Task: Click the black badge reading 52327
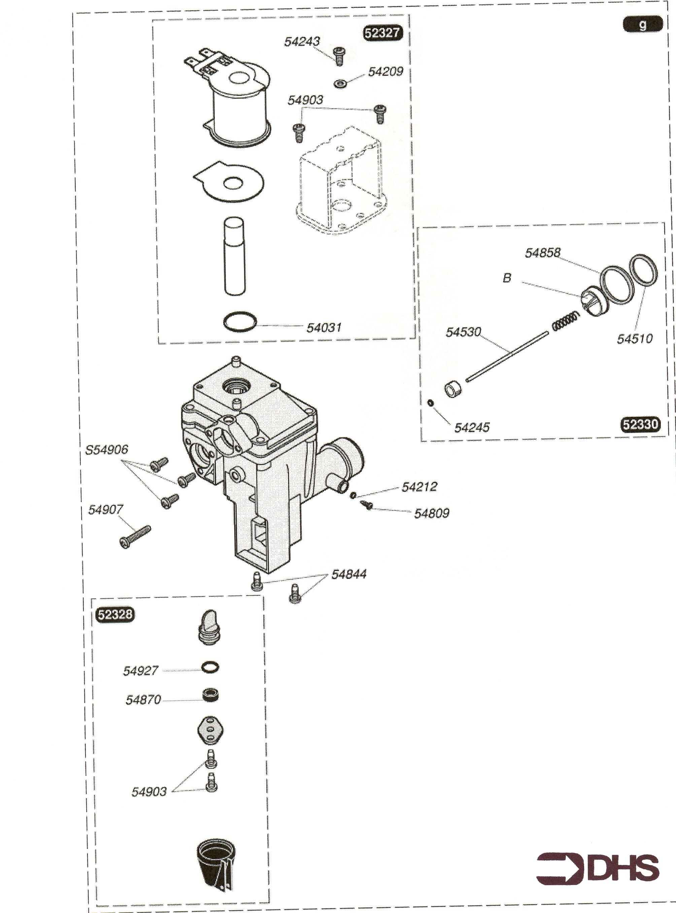[x=382, y=33]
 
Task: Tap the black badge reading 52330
[x=640, y=424]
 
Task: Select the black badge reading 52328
[x=114, y=615]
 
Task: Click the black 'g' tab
[x=642, y=25]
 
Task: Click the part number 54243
[x=302, y=41]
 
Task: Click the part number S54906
[x=106, y=450]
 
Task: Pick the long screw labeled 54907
[x=135, y=536]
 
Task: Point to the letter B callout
[x=507, y=278]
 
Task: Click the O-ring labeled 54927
[x=210, y=667]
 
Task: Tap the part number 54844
[x=349, y=574]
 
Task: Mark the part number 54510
[x=635, y=338]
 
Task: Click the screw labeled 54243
[x=339, y=56]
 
